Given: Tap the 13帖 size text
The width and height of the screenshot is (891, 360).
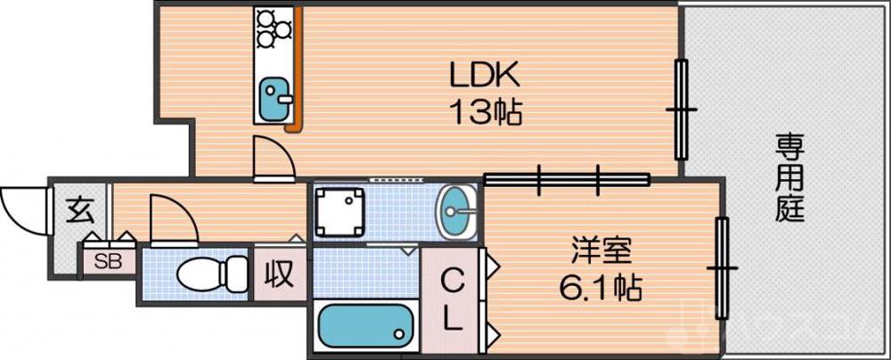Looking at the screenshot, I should pos(485,113).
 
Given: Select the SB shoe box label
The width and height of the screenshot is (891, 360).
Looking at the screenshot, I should pos(109,261).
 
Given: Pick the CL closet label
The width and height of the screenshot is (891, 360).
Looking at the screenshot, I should pos(453,300).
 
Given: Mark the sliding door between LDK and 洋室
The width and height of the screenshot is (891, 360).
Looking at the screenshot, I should pos(567,179).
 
